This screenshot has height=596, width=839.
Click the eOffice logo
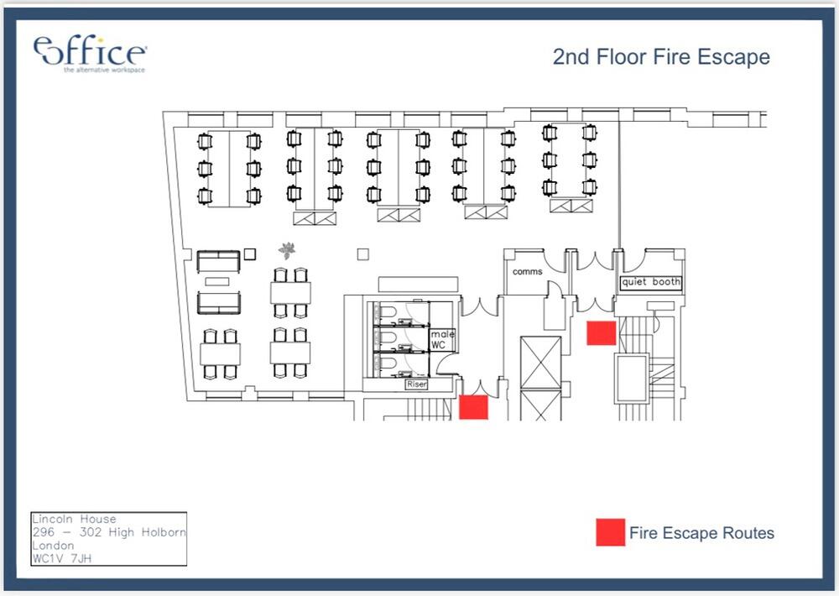[x=90, y=54]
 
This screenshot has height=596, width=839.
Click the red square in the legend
[x=611, y=532]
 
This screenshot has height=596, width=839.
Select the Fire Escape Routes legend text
[x=701, y=533]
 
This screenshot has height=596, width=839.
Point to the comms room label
[x=527, y=271]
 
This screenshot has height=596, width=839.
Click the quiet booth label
[x=651, y=282]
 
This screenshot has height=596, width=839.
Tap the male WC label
[x=442, y=339]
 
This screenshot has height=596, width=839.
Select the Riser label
[x=416, y=384]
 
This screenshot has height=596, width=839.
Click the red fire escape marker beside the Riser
[x=473, y=407]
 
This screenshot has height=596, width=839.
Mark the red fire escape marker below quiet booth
[x=602, y=332]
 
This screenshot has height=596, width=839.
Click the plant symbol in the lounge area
[x=287, y=249]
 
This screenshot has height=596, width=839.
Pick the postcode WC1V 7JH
[x=62, y=558]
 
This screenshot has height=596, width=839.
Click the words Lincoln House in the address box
[x=74, y=519]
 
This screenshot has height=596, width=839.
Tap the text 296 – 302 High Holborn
[x=109, y=532]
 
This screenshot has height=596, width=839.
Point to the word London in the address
[x=53, y=546]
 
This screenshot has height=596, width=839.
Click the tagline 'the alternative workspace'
[x=104, y=71]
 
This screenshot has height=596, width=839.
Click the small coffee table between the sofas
[x=217, y=281]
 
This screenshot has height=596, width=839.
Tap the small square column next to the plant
[x=250, y=254]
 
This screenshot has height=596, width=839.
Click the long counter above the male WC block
[x=418, y=285]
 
